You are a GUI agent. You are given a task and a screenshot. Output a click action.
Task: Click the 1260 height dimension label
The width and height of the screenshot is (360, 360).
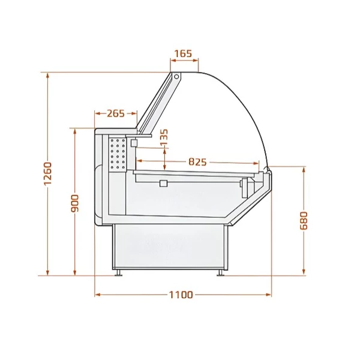tap(48, 173)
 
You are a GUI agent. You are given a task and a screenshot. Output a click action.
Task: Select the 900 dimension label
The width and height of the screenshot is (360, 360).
tap(75, 203)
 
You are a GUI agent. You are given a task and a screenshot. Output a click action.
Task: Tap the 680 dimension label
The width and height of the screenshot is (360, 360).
tap(304, 221)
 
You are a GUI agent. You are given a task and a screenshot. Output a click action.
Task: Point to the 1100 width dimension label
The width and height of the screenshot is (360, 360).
tap(181, 295)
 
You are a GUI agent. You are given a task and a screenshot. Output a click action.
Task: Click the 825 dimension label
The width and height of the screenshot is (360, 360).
tap(197, 162)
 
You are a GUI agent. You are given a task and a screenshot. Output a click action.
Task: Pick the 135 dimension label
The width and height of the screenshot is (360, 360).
tap(164, 137)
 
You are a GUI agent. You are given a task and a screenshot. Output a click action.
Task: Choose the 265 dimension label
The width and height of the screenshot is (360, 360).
tap(116, 113)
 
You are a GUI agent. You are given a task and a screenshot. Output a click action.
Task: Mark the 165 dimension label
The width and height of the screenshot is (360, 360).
tap(183, 54)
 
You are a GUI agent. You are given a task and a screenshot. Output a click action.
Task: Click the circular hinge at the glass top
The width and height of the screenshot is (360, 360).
tap(176, 77)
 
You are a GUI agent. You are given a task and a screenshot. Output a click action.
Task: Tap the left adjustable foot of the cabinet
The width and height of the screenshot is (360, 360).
tap(119, 273)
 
